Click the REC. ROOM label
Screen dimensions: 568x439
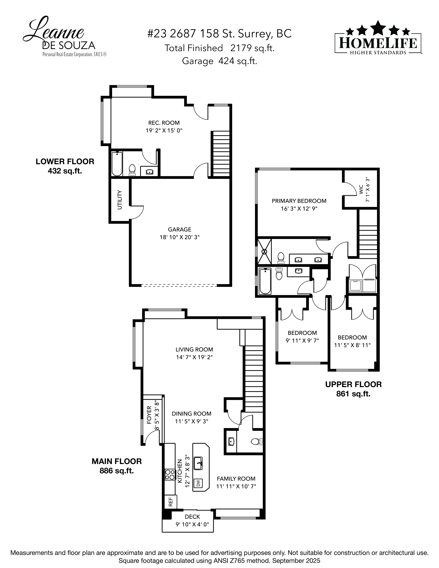pos(164,123)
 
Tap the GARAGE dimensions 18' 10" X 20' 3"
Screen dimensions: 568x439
pos(179,237)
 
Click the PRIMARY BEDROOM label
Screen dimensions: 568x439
pos(299,201)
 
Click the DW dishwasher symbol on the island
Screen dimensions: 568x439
pos(198,483)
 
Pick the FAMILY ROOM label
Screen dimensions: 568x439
pos(236,478)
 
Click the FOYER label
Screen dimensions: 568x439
pos(149,415)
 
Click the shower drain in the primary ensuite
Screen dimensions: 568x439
pos(264,251)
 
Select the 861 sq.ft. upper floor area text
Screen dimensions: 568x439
pos(353,394)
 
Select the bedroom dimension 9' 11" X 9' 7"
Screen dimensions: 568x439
pos(302,340)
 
